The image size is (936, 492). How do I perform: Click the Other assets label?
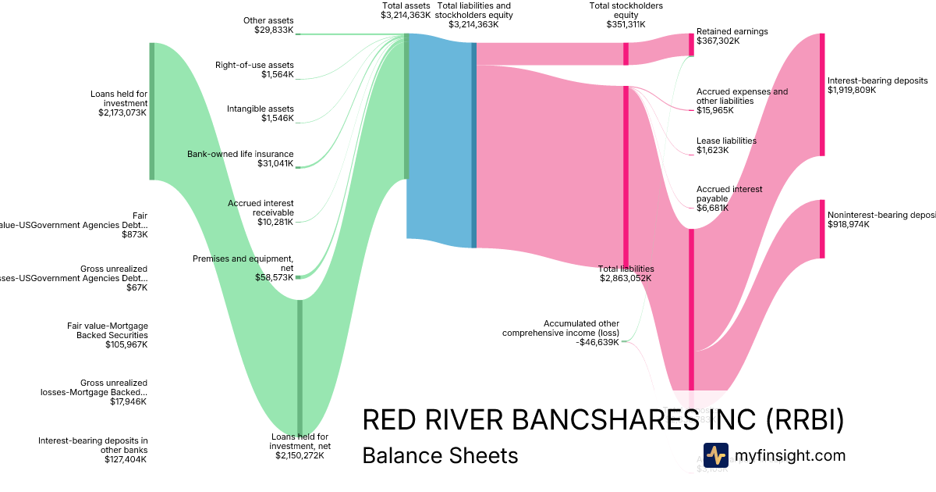pyautogui.click(x=268, y=20)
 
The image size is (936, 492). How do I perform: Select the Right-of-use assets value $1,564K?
pyautogui.click(x=277, y=75)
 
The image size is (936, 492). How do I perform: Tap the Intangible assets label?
pyautogui.click(x=261, y=109)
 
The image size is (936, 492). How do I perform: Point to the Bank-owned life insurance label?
pyautogui.click(x=240, y=154)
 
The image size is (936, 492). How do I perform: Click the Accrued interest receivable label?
pyautogui.click(x=261, y=208)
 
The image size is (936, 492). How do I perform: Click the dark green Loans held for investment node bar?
pyautogui.click(x=152, y=111)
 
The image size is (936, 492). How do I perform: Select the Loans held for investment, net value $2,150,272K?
pyautogui.click(x=300, y=455)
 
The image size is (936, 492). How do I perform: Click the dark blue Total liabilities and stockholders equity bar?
pyautogui.click(x=473, y=144)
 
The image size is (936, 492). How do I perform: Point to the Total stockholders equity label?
pyautogui.click(x=626, y=10)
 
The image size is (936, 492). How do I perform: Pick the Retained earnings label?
pyautogui.click(x=732, y=31)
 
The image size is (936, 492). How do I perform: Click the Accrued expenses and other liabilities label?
pyautogui.click(x=742, y=96)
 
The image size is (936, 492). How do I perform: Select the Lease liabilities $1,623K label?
pyautogui.click(x=726, y=145)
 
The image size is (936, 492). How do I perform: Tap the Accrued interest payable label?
pyautogui.click(x=729, y=194)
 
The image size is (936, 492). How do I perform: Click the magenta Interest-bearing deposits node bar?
pyautogui.click(x=821, y=94)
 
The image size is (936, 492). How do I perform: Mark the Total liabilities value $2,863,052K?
pyautogui.click(x=625, y=278)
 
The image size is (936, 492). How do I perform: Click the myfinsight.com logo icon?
pyautogui.click(x=715, y=455)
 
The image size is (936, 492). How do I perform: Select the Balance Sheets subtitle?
pyautogui.click(x=440, y=455)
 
